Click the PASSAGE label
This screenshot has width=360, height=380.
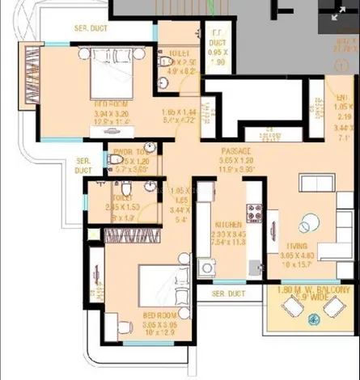click(x=236, y=150)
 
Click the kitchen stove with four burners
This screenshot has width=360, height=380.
click(x=254, y=213)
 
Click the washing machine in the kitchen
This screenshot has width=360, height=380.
click(x=207, y=268)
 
